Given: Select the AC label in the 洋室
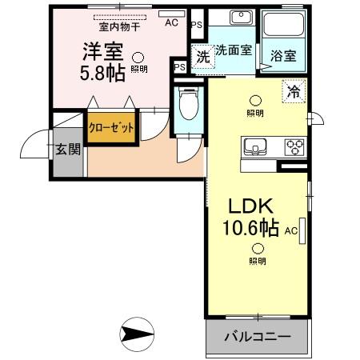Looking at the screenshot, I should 170,22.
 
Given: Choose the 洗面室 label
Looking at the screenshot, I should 234,50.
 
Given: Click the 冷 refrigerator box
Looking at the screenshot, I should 294,93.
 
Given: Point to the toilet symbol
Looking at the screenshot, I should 189,104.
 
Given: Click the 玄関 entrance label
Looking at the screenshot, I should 66,148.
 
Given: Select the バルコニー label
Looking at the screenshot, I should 256,337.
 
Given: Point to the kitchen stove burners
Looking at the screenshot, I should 294,146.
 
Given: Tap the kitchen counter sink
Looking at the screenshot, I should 256,146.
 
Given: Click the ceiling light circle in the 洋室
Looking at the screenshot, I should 138,57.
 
